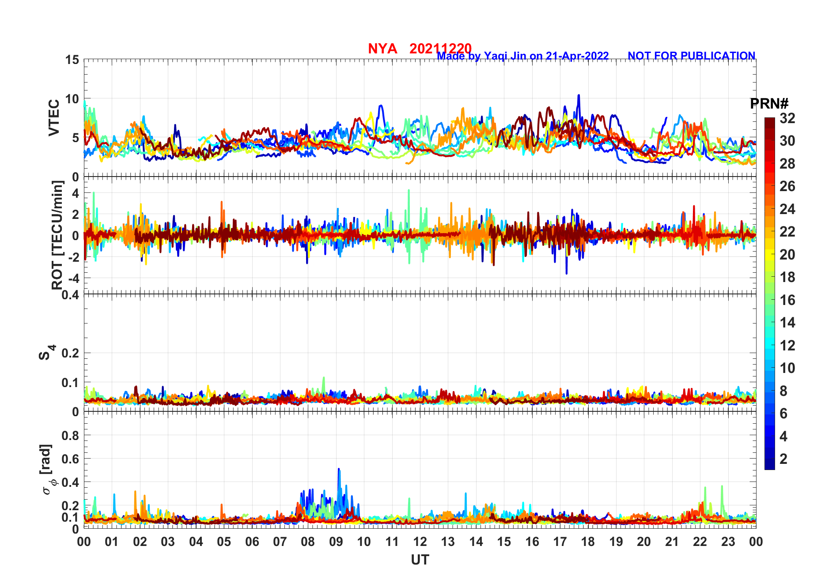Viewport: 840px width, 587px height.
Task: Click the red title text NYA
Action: tap(382, 49)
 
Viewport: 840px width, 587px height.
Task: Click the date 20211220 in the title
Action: tap(440, 49)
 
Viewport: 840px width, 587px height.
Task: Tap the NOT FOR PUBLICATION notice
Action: tap(691, 56)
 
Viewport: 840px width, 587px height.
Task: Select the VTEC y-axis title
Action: tap(54, 118)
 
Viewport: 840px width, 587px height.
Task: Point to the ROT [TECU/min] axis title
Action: tap(57, 235)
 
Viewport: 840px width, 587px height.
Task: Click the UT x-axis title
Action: tap(420, 560)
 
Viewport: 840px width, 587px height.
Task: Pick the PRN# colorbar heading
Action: tap(769, 104)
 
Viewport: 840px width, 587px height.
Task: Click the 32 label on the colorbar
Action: tap(787, 118)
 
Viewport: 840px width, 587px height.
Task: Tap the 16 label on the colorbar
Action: tap(787, 300)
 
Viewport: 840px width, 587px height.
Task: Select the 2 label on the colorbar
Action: tap(783, 459)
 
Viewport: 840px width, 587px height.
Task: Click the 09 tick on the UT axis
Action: tap(336, 542)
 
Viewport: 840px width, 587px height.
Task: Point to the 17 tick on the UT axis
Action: tap(560, 542)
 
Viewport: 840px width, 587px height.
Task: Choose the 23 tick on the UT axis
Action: tap(728, 542)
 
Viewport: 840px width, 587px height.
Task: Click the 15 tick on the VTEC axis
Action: tap(72, 60)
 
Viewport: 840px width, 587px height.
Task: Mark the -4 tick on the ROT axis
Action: tap(73, 278)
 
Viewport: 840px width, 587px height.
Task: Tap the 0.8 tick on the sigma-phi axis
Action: tap(71, 436)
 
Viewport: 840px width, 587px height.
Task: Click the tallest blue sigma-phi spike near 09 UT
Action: tap(339, 469)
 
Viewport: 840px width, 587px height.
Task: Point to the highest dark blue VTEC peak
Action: tap(579, 95)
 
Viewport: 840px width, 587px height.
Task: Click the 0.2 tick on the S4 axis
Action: tap(71, 353)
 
